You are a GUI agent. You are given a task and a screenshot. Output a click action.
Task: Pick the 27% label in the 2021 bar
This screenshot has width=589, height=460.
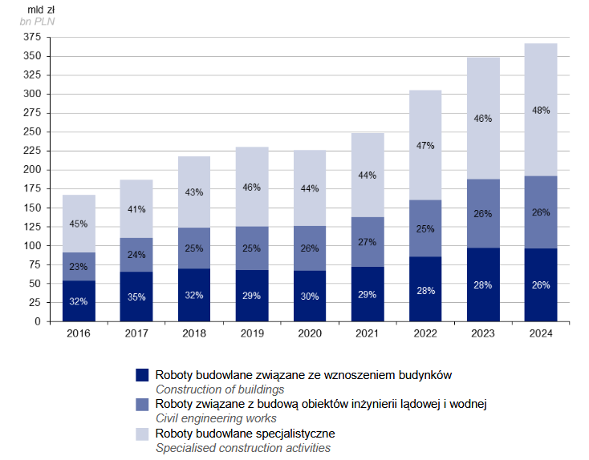pyautogui.click(x=368, y=241)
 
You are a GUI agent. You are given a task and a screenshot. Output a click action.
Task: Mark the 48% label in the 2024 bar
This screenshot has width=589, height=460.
pyautogui.click(x=540, y=110)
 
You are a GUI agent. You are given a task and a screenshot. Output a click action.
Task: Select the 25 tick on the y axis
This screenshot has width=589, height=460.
pyautogui.click(x=35, y=303)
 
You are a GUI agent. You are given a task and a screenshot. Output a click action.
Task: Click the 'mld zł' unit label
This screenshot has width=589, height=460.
pyautogui.click(x=30, y=9)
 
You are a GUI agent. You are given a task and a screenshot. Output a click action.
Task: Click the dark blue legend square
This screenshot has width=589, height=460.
pyautogui.click(x=142, y=374)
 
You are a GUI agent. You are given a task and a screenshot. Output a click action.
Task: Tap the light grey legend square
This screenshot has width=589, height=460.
pyautogui.click(x=142, y=433)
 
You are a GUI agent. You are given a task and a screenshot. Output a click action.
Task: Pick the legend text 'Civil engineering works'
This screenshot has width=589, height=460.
pyautogui.click(x=216, y=418)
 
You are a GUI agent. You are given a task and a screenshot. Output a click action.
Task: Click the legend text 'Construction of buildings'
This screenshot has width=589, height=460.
pyautogui.click(x=220, y=389)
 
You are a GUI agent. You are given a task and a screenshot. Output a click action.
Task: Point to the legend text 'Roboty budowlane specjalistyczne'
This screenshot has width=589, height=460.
pyautogui.click(x=245, y=433)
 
